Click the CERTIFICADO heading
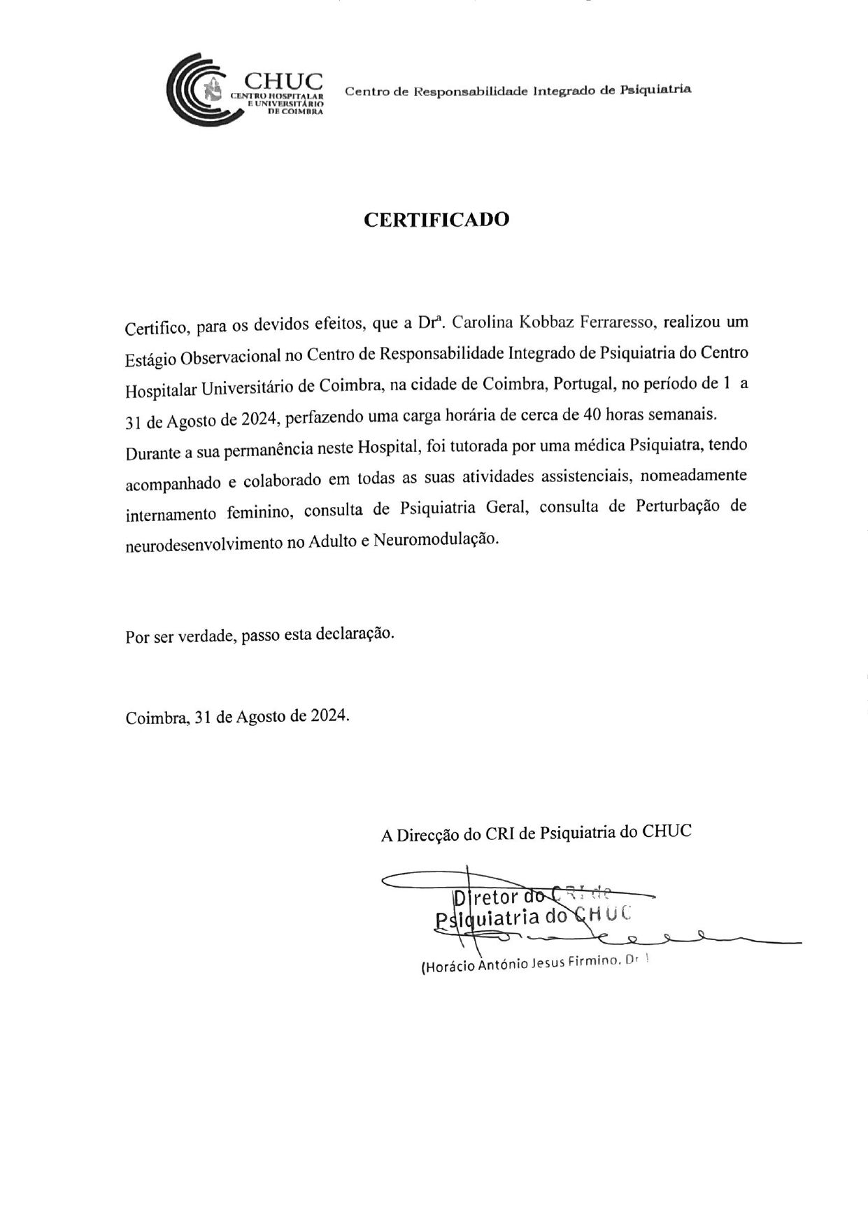point(436,220)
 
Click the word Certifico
point(158,327)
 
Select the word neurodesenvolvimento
point(203,543)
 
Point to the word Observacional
point(231,357)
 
